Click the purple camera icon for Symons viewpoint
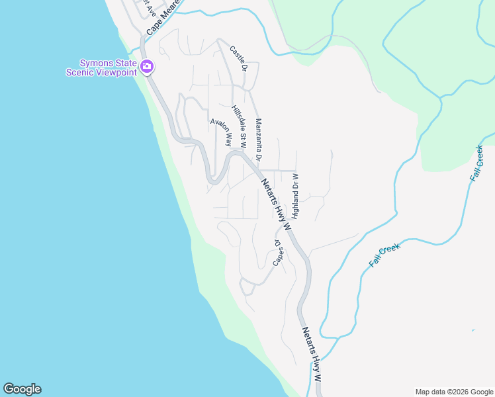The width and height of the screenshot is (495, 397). [147, 66]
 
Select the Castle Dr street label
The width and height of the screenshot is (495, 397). [238, 58]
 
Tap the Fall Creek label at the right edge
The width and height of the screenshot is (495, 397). [476, 163]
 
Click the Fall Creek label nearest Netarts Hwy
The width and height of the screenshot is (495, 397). [385, 255]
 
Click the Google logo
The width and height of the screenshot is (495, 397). [22, 389]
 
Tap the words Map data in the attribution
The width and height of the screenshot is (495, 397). [430, 392]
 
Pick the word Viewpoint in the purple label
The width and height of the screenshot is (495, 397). [116, 72]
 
